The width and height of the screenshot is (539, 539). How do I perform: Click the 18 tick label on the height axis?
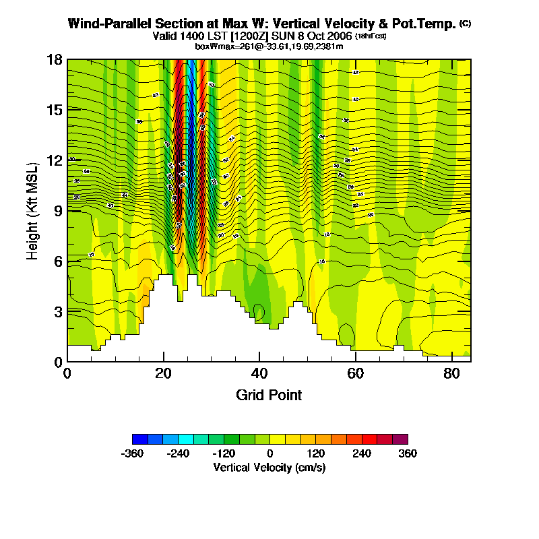click(x=55, y=59)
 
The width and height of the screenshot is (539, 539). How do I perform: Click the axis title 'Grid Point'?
click(x=269, y=395)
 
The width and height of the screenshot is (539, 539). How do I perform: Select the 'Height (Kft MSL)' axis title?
click(x=32, y=210)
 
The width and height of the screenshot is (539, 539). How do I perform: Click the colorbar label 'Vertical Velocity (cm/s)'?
click(x=269, y=467)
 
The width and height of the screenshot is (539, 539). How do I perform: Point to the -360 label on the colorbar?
click(x=133, y=453)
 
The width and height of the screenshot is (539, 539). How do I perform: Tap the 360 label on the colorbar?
click(x=408, y=453)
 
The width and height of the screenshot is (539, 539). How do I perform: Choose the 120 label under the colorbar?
click(x=316, y=453)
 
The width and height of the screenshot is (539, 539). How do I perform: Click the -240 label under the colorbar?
click(x=178, y=453)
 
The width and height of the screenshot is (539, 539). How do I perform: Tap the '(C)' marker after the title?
click(x=465, y=24)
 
